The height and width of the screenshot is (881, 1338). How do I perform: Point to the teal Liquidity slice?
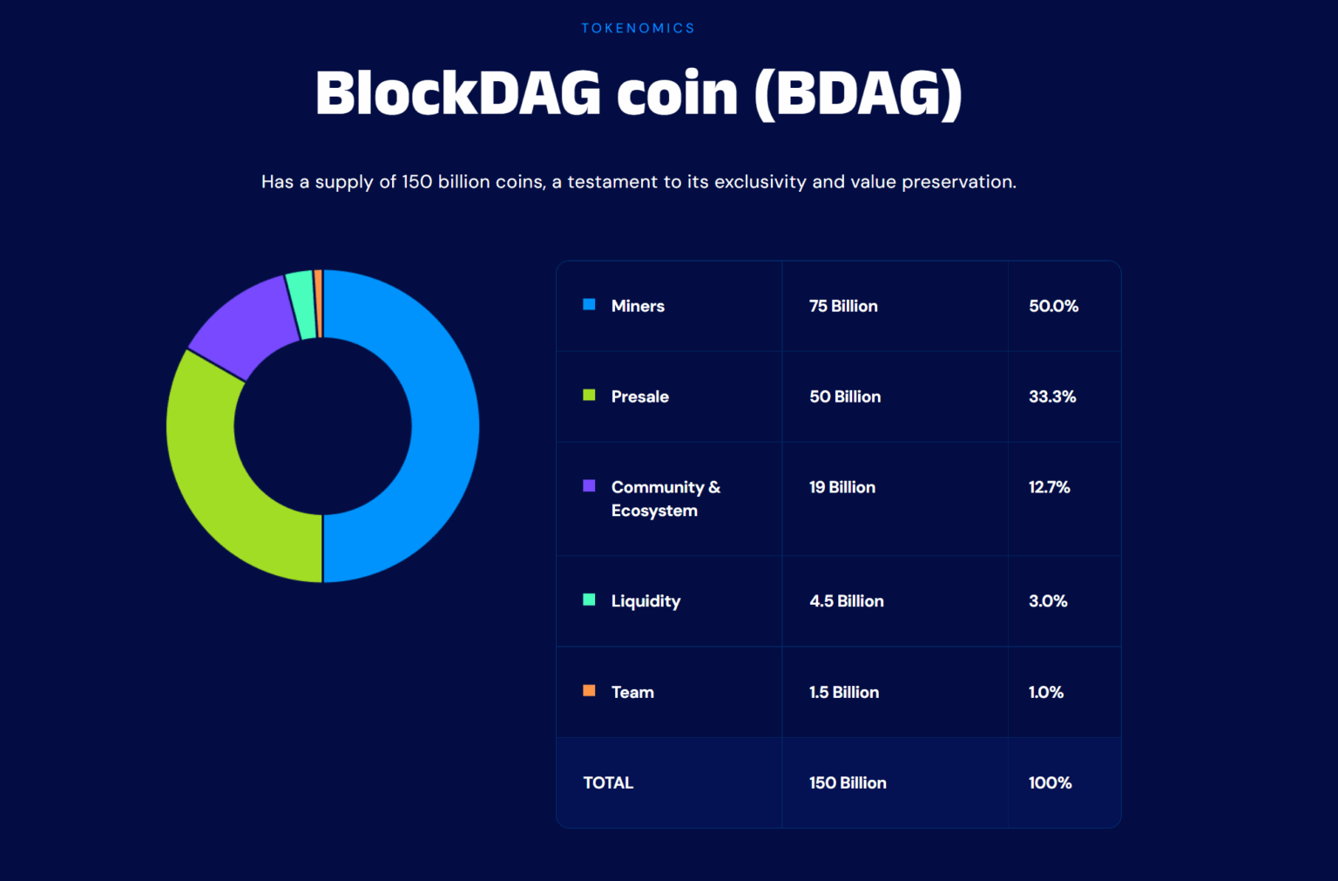(x=301, y=304)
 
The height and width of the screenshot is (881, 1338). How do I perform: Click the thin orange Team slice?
(x=319, y=303)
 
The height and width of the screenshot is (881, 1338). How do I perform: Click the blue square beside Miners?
(x=589, y=304)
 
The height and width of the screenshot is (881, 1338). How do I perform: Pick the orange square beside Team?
(x=589, y=690)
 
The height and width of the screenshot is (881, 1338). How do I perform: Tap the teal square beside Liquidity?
(x=589, y=600)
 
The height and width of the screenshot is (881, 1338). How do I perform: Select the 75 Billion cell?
(x=843, y=306)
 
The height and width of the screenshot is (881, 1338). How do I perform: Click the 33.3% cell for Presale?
(x=1052, y=396)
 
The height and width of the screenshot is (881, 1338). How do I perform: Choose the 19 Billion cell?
(x=842, y=487)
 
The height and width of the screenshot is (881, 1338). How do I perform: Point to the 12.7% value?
(x=1049, y=487)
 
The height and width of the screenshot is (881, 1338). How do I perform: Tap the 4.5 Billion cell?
(x=847, y=601)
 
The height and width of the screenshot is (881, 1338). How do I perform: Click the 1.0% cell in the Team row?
(x=1046, y=692)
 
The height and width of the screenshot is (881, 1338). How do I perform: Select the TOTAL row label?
(x=608, y=783)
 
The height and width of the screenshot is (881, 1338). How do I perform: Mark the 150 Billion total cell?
(x=848, y=783)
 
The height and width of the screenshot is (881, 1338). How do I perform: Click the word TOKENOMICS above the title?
(x=639, y=28)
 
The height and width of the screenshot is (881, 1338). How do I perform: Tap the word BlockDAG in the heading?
(x=458, y=93)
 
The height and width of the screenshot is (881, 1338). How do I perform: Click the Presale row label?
(x=640, y=396)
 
